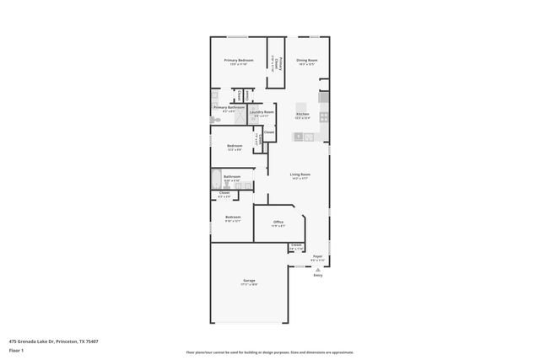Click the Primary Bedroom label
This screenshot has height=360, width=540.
pos(239,61)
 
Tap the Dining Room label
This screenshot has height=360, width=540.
pos(306,61)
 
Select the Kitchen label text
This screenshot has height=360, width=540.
pos(302,114)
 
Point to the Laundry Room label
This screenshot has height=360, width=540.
pos(262,112)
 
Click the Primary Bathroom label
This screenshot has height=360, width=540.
pos(229,108)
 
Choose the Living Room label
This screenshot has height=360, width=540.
pos(300,175)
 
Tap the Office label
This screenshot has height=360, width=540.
pos(278,223)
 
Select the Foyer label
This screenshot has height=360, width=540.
pos(317,256)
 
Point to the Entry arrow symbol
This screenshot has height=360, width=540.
pos(318,269)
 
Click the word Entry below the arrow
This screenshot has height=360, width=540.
pos(318,276)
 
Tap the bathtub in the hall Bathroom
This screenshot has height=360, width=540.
pos(217,179)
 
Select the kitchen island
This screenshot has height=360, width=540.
pos(304,136)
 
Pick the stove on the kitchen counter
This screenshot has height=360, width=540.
pos(325,116)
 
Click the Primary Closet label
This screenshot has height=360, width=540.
pos(275,62)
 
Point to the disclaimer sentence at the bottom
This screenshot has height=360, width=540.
pos(270,352)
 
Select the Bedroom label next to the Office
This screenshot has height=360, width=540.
pos(233,219)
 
